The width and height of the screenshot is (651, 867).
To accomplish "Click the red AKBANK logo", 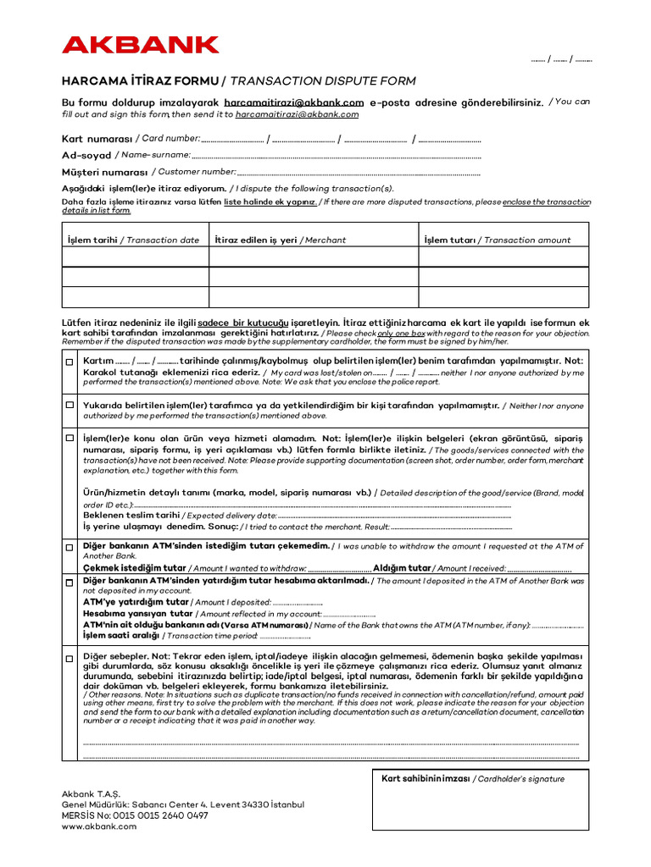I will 140,45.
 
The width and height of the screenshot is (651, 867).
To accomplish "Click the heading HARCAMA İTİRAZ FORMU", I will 139,81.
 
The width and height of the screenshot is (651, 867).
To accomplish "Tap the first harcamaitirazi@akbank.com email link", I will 293,102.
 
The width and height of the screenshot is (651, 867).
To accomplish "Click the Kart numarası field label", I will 97,139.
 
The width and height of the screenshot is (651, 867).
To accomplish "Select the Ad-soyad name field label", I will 86,155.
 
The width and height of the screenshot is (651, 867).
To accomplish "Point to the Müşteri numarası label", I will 104,172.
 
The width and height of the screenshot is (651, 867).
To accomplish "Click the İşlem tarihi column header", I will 92,240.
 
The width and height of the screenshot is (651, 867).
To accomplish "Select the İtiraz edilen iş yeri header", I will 256,240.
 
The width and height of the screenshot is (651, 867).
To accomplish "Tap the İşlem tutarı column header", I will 450,240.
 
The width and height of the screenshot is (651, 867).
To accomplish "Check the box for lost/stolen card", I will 70,362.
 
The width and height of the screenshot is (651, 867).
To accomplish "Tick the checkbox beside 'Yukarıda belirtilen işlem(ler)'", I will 70,406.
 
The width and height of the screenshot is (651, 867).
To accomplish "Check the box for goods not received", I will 70,439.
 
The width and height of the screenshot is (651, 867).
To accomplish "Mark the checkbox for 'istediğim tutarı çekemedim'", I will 70,547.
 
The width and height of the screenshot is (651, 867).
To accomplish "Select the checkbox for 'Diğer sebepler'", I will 70,657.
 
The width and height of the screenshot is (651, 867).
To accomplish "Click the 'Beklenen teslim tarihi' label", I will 131,515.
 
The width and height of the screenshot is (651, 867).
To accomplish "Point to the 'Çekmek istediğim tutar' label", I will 134,568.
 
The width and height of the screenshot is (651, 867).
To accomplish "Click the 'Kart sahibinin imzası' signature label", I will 426,779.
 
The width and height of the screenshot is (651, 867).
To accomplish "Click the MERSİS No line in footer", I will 135,815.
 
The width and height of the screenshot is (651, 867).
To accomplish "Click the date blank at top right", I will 562,60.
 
